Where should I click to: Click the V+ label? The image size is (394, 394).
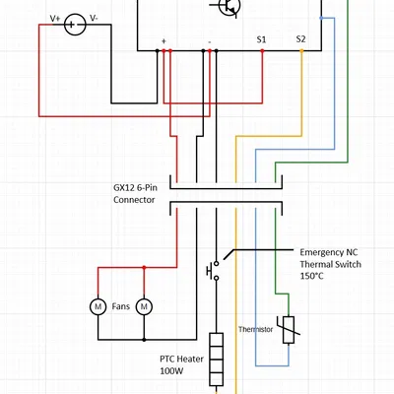pos(53,19)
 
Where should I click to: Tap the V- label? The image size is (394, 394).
pos(94,19)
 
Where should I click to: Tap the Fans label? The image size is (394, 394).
pos(121,307)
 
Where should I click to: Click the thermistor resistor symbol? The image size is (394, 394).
pos(288,329)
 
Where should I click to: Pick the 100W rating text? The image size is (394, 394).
pos(173,372)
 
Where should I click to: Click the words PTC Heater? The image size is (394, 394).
pos(181,360)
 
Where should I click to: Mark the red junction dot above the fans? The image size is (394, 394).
pos(145,266)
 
